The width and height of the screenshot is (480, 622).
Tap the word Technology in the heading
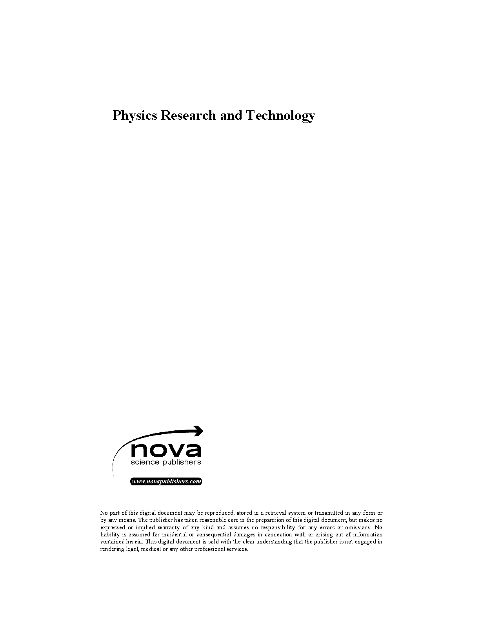pos(280,116)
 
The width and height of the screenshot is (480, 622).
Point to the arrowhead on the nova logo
pos(199,431)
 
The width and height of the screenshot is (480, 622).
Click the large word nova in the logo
pos(165,449)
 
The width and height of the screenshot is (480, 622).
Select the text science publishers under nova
pos(165,462)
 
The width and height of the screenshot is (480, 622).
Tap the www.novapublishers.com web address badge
pos(166,481)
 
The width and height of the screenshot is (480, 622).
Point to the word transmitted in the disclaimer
pos(327,513)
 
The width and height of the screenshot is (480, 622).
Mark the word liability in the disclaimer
pos(110,534)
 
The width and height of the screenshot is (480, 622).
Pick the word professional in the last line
pos(210,549)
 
